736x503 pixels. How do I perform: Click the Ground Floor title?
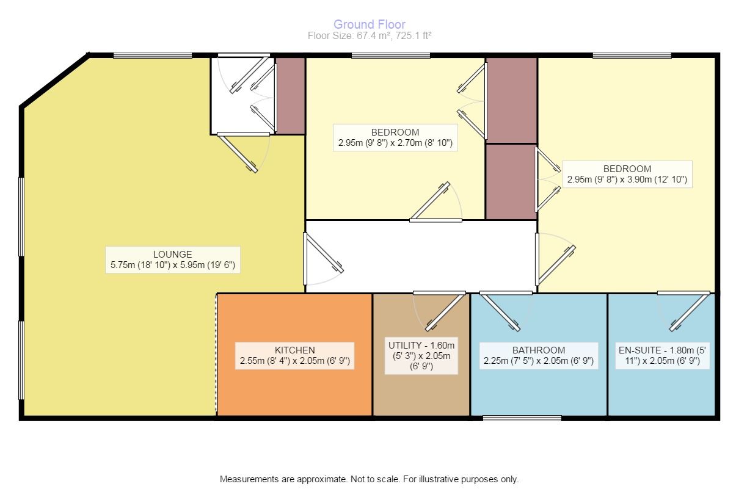pyautogui.click(x=370, y=24)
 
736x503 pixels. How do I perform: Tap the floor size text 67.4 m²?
pyautogui.click(x=370, y=35)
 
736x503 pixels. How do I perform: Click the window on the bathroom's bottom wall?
pyautogui.click(x=522, y=418)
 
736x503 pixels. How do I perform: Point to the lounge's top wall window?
pyautogui.click(x=153, y=56)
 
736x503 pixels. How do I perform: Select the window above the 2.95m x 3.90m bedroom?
pyautogui.click(x=632, y=56)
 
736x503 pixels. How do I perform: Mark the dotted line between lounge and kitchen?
pyautogui.click(x=216, y=354)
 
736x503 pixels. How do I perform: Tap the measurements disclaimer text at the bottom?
pyautogui.click(x=369, y=479)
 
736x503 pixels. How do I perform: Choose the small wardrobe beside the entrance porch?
pyautogui.click(x=291, y=95)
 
